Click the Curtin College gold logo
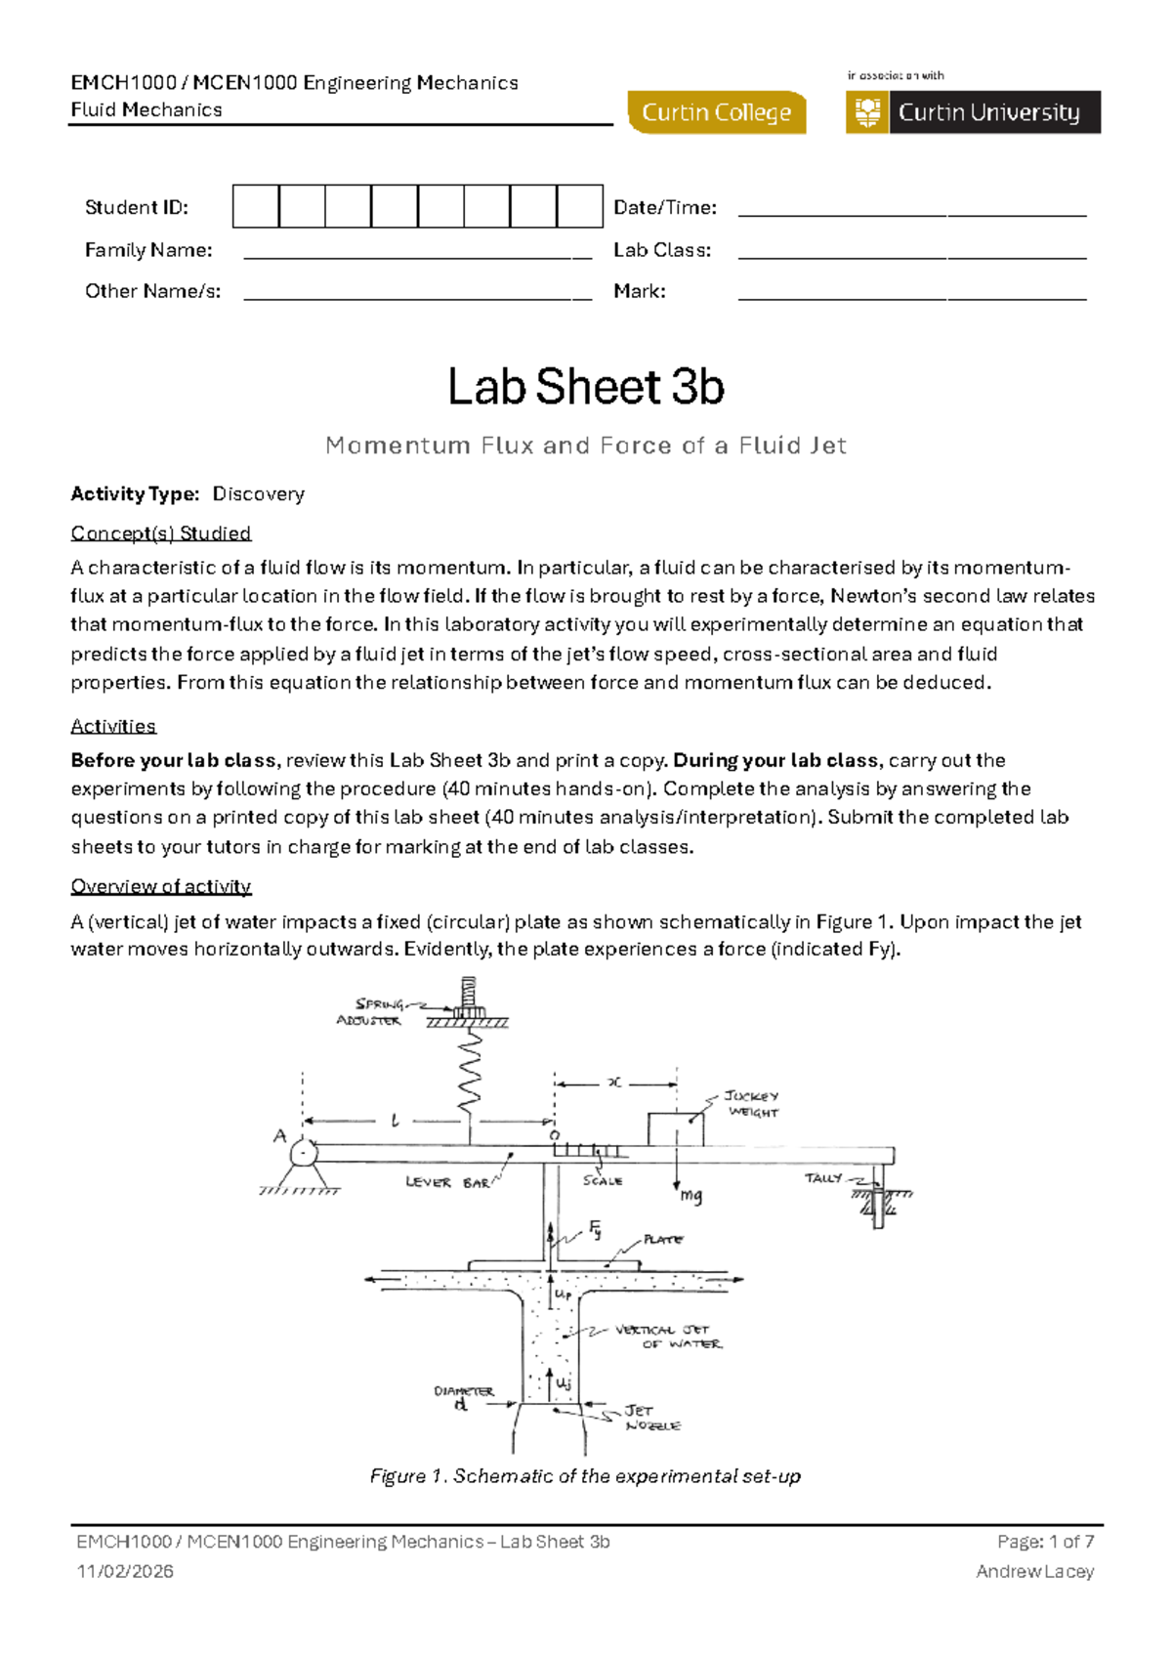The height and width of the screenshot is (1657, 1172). pyautogui.click(x=717, y=112)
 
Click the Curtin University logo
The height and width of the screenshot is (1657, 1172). pyautogui.click(x=973, y=112)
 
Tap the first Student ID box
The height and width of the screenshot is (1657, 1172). pyautogui.click(x=256, y=207)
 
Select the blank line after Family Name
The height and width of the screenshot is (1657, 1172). pyautogui.click(x=417, y=255)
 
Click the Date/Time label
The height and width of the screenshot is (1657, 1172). pyautogui.click(x=664, y=207)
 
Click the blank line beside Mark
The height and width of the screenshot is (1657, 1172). pyautogui.click(x=911, y=296)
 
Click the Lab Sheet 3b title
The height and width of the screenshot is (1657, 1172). pyautogui.click(x=586, y=387)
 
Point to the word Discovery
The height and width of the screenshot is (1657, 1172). pyautogui.click(x=259, y=494)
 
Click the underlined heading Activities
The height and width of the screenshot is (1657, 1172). pyautogui.click(x=113, y=726)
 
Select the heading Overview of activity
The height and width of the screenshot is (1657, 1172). pyautogui.click(x=161, y=886)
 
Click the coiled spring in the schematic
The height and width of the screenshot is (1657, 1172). pyautogui.click(x=470, y=1075)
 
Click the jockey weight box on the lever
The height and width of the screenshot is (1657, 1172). pyautogui.click(x=676, y=1129)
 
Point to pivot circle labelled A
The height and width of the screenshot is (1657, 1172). pyautogui.click(x=304, y=1154)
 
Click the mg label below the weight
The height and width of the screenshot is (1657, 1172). pyautogui.click(x=691, y=1195)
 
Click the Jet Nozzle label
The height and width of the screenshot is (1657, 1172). pyautogui.click(x=651, y=1418)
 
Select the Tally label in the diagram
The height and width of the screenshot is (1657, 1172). pyautogui.click(x=823, y=1178)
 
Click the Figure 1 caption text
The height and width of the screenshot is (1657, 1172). pyautogui.click(x=585, y=1476)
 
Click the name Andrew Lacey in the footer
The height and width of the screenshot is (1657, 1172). pyautogui.click(x=1034, y=1572)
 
